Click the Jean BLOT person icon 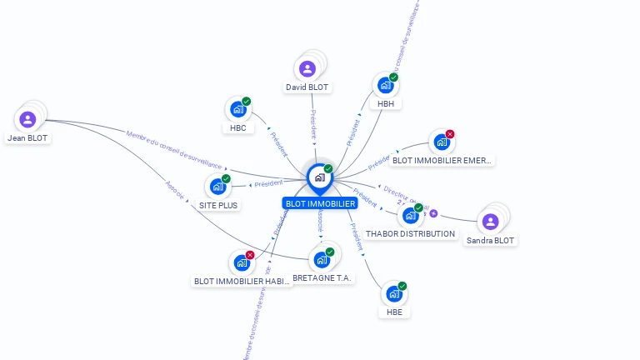point(27,119)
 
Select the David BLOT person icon point(307,69)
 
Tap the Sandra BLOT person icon point(490,222)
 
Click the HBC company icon point(237,110)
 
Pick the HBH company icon point(385,85)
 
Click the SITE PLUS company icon point(217,187)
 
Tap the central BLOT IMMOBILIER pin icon point(319,177)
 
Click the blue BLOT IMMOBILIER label point(320,203)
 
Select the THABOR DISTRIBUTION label point(410,234)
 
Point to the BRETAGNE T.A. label point(324,277)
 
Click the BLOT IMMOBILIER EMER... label point(442,159)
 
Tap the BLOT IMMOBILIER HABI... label point(242,282)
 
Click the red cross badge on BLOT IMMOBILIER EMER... point(450,134)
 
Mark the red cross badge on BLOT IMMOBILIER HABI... point(250,255)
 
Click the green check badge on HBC point(247,102)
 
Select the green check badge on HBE point(402,286)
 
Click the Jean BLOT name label point(27,138)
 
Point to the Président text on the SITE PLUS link point(269,183)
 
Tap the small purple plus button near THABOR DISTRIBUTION point(433,213)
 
